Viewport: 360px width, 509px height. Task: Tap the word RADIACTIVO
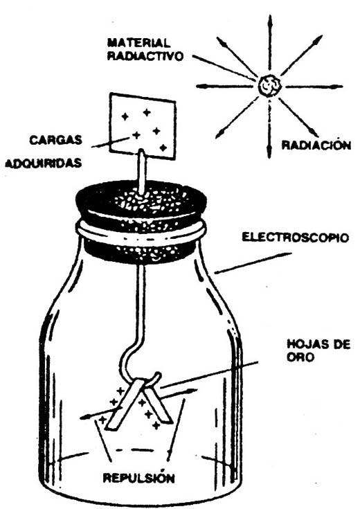[145, 56]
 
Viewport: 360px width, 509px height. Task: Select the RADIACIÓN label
[316, 145]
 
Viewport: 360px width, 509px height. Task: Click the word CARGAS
[55, 140]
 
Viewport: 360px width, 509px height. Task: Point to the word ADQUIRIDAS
[43, 163]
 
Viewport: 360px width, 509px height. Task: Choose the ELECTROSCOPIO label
[296, 238]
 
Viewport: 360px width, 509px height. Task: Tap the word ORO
[300, 357]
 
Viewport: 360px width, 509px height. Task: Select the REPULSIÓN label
[139, 478]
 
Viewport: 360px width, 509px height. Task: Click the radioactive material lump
[269, 85]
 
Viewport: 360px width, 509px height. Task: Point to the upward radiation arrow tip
[269, 17]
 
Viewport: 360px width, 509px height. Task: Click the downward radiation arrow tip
[269, 157]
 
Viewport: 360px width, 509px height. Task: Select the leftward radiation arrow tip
[197, 87]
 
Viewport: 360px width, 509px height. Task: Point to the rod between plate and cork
[142, 170]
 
